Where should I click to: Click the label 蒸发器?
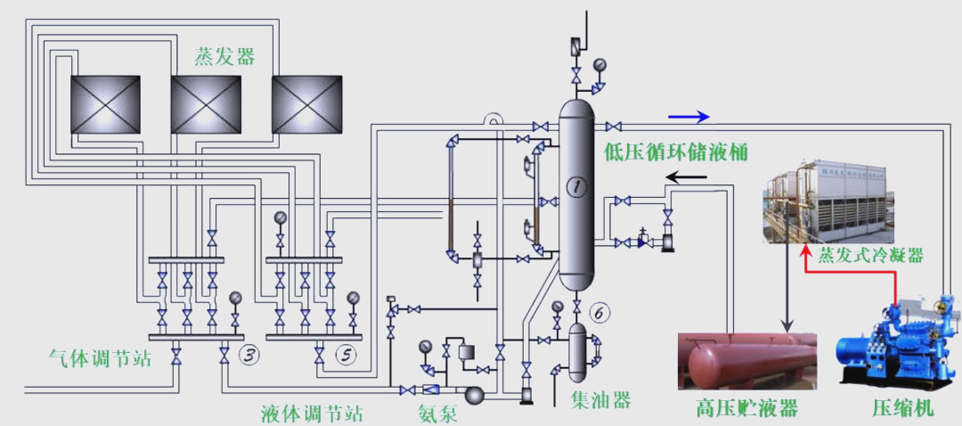224,57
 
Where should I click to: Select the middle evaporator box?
206,104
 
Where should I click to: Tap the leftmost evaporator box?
105,104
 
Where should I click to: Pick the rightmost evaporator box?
306,104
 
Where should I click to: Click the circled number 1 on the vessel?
576,186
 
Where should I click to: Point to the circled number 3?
249,355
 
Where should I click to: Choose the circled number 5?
346,354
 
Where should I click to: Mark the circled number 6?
600,314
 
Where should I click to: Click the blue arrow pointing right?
689,117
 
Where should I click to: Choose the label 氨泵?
437,414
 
